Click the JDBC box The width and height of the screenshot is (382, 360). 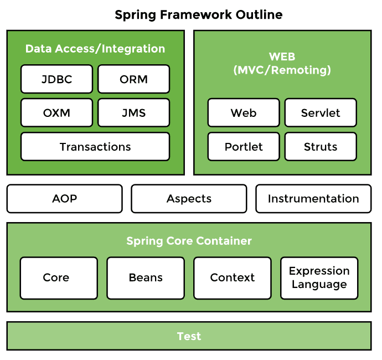[x=56, y=79]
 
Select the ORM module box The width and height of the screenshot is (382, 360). [x=133, y=79]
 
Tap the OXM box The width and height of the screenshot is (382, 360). [x=56, y=113]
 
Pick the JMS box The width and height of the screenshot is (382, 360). [x=133, y=113]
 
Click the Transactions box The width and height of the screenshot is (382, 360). [x=95, y=147]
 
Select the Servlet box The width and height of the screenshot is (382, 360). [x=321, y=113]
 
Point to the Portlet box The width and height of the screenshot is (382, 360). [x=244, y=147]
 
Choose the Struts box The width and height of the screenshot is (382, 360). [x=321, y=147]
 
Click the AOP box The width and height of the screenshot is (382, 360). [x=64, y=199]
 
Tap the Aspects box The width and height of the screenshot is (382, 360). [x=189, y=199]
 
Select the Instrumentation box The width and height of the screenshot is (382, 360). [x=313, y=199]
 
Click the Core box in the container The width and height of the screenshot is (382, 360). [x=59, y=278]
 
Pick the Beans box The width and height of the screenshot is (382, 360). [x=146, y=278]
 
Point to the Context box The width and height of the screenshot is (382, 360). [x=233, y=278]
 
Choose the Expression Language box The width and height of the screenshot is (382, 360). [x=319, y=278]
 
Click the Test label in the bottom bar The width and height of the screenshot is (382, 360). [x=189, y=336]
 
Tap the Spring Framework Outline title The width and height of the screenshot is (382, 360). [x=198, y=15]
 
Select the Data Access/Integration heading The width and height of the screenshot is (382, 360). [x=95, y=49]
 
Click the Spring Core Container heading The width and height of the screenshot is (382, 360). [x=189, y=241]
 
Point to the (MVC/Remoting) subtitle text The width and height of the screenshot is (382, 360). [x=282, y=70]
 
